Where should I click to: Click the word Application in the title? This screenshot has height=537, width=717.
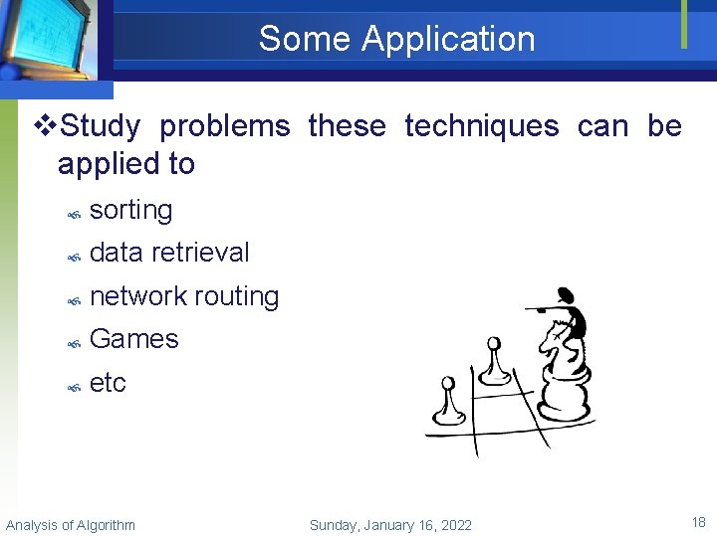pos(448,39)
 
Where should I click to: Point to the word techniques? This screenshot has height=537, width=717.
pos(481,126)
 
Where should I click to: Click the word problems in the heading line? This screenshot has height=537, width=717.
pos(224,126)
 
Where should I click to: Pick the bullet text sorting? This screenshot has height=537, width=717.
pos(130,210)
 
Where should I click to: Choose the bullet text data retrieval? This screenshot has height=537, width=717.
pos(169,253)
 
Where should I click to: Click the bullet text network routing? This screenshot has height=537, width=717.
pos(184,296)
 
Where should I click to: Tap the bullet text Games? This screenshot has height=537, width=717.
pos(133,339)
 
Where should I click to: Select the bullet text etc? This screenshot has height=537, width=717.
pos(108,383)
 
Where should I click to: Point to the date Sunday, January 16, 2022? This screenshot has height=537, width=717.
pos(390,525)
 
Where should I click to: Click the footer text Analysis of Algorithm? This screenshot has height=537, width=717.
pos(71,525)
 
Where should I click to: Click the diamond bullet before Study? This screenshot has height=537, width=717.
pos(43,126)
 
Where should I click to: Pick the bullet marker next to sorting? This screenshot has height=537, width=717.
pos(73,212)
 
